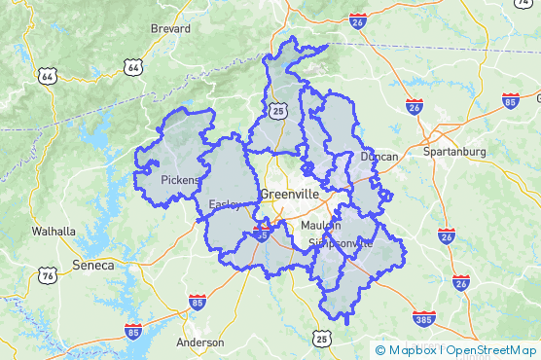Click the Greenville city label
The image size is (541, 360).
290,194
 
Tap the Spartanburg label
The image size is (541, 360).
454,152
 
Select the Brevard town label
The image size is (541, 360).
170,29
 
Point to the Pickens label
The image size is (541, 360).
179,180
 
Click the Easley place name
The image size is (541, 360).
226,204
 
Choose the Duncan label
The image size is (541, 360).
379,156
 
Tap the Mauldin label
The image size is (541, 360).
321,226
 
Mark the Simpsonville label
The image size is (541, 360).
340,241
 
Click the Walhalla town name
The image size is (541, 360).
54,232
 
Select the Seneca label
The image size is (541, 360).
93,265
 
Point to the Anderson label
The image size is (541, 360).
200,342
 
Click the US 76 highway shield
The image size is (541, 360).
47,276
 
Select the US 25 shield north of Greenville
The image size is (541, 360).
279,113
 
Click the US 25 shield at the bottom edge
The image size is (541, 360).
322,339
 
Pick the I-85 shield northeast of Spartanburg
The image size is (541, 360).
510,100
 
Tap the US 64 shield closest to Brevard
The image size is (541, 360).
132,66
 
